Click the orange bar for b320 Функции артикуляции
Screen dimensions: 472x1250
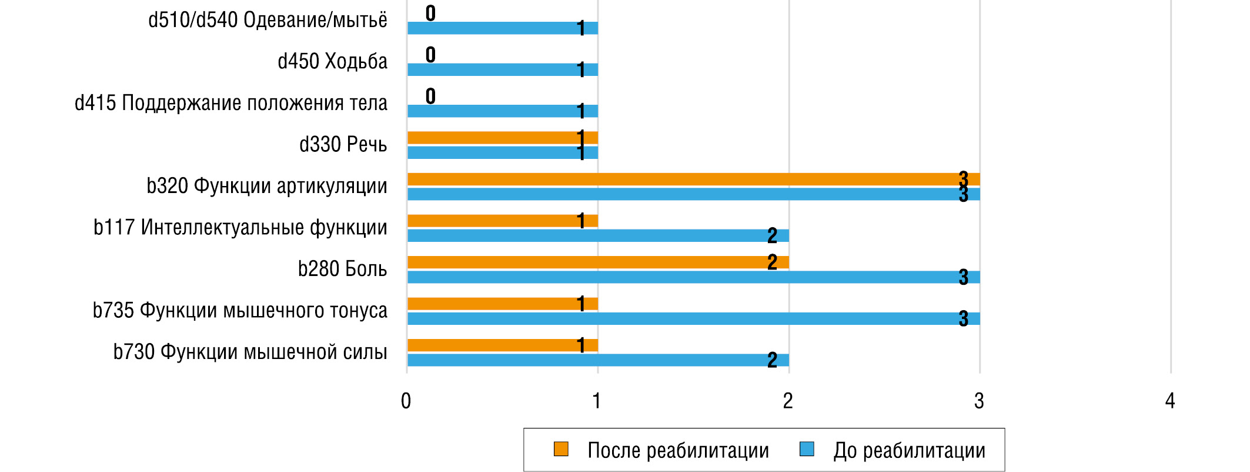(694, 180)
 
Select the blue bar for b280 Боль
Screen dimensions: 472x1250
(694, 277)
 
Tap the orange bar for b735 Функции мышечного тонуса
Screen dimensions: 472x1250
(503, 304)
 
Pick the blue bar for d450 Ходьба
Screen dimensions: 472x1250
(503, 69)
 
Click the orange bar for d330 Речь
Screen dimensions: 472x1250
(503, 138)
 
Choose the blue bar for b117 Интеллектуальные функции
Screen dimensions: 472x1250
(598, 236)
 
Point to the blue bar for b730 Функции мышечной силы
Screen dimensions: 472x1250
(598, 360)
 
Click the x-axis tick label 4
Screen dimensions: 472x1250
(1170, 401)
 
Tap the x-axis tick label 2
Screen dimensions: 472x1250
(788, 401)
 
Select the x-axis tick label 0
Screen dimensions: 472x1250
(406, 401)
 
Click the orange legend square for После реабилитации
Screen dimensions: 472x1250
(561, 449)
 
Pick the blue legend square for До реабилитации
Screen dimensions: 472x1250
(807, 449)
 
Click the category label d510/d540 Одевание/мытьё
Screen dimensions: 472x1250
(268, 21)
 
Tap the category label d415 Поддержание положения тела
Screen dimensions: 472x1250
(231, 104)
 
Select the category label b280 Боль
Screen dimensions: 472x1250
(342, 270)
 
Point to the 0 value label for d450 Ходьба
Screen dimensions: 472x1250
(430, 55)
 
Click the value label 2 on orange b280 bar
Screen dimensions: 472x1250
(772, 262)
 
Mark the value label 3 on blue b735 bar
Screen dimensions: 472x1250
(963, 319)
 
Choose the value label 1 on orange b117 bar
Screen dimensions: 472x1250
(581, 221)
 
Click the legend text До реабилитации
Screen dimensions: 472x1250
(909, 451)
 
